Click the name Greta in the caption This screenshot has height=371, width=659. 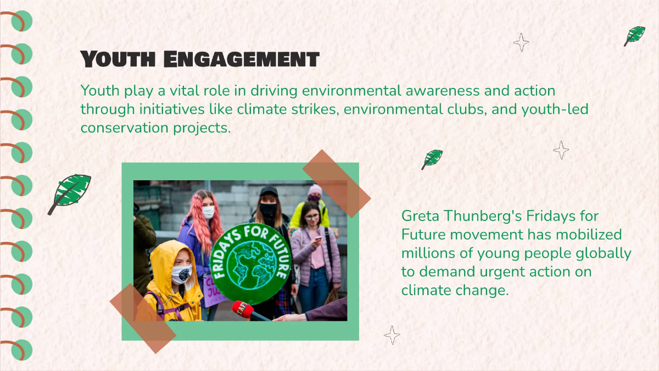point(420,215)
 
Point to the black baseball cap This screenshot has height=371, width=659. point(269,191)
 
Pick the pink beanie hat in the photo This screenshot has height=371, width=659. point(315,190)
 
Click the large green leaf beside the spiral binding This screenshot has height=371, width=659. point(70,193)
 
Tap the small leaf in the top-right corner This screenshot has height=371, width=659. point(635,36)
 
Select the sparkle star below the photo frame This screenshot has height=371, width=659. point(392,335)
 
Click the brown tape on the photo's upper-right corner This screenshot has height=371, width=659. point(336,176)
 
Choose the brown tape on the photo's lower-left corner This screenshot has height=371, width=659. point(142,311)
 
